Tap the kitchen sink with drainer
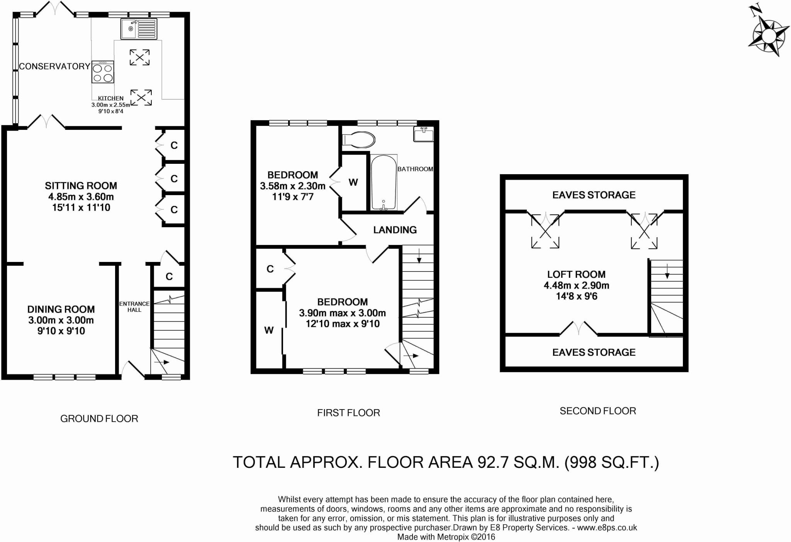click(139, 29)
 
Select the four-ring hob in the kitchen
click(103, 72)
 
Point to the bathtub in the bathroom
click(384, 182)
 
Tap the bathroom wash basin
click(424, 134)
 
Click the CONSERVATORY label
click(54, 66)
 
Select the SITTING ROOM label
click(81, 186)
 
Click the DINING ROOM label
click(61, 309)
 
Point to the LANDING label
click(395, 230)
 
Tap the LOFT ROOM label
click(576, 275)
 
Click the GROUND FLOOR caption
click(99, 419)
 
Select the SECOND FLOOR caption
click(598, 411)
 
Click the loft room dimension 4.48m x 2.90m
click(576, 285)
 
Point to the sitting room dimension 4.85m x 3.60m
click(81, 197)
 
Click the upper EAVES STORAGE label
click(594, 195)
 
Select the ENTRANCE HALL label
click(134, 307)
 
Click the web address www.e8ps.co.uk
click(607, 528)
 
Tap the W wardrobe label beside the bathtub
click(353, 182)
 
